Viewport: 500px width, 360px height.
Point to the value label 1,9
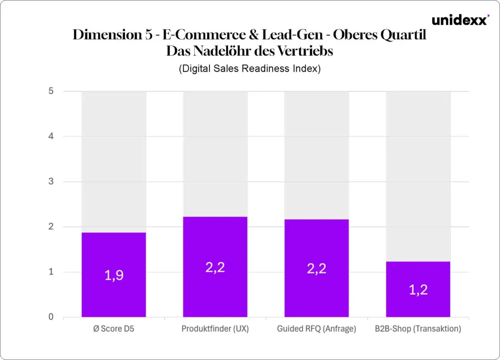(114, 275)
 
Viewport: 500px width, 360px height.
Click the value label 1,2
(418, 290)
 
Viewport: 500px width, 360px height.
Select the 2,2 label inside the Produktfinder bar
(215, 267)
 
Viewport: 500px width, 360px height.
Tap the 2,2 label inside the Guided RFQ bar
(316, 269)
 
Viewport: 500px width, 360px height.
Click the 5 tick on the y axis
(51, 91)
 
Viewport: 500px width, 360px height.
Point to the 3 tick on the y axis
(51, 182)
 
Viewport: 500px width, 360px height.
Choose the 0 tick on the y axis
(51, 317)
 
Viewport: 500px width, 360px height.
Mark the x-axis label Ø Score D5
(114, 329)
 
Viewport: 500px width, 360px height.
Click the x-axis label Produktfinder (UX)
(215, 329)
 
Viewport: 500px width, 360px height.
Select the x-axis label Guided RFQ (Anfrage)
(316, 329)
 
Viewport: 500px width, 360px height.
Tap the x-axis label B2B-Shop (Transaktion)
(418, 329)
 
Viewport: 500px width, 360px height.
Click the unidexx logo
(460, 20)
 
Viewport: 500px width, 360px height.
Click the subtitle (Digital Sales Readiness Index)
(250, 68)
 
